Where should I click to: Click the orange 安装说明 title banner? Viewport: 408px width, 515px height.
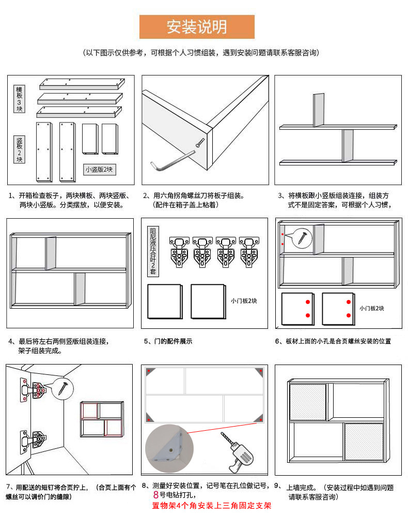click(x=197, y=27)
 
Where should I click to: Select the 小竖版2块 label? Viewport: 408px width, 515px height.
click(x=100, y=169)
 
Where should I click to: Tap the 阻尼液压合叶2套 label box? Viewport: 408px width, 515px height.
click(x=153, y=251)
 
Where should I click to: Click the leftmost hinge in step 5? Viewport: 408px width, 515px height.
click(x=179, y=252)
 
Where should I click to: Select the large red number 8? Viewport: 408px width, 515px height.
click(x=155, y=495)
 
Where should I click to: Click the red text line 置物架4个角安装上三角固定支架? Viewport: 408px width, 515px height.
click(x=211, y=505)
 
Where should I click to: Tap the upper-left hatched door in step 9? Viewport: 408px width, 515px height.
click(x=308, y=402)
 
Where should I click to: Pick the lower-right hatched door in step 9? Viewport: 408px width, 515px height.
click(x=364, y=442)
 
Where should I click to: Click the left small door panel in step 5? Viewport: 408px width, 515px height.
click(x=164, y=301)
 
